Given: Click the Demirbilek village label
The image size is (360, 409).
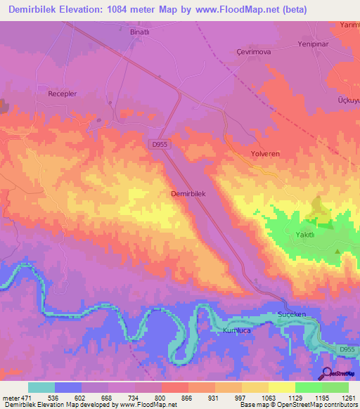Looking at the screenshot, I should (188, 193).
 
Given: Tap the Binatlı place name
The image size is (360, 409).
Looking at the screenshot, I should (141, 32).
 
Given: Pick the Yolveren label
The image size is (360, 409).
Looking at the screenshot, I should (266, 152).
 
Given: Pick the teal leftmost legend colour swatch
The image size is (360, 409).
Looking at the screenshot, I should (41, 387).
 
